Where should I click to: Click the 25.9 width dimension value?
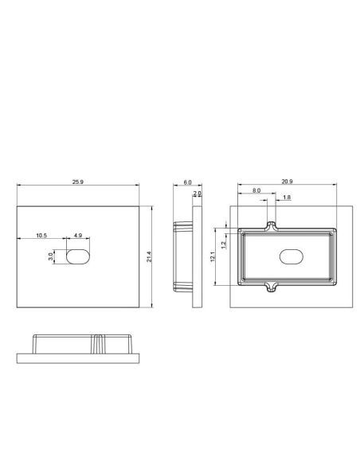(x=77, y=183)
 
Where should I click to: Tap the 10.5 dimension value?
(x=41, y=236)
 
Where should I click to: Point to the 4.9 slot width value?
(x=77, y=236)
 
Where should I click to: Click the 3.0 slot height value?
(x=50, y=256)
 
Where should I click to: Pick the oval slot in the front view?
(x=77, y=256)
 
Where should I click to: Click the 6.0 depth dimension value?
(x=187, y=183)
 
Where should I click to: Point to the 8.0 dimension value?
(x=255, y=192)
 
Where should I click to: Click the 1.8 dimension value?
(x=287, y=197)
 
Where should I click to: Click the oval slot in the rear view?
(x=291, y=257)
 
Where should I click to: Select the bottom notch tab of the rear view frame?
(x=271, y=286)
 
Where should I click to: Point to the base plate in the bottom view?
(x=79, y=356)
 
